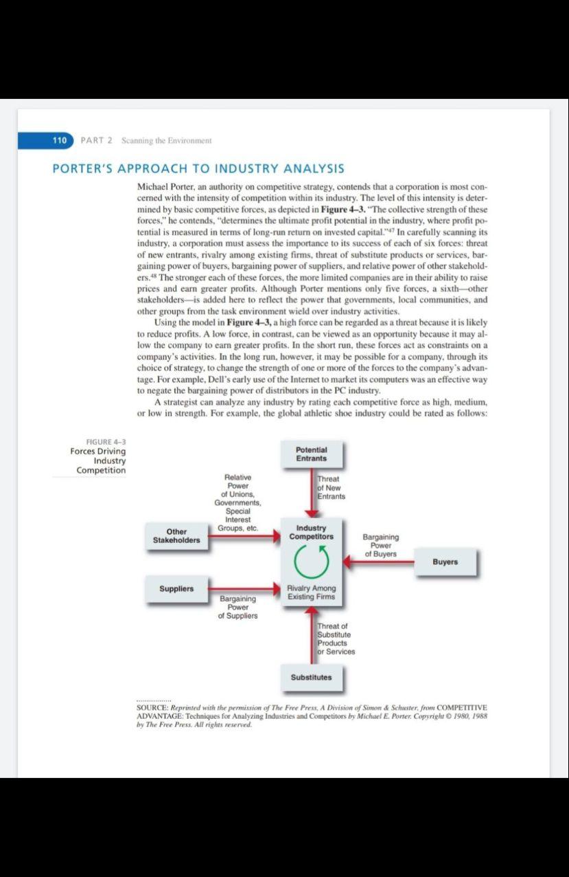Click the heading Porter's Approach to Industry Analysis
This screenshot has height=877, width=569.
click(x=198, y=168)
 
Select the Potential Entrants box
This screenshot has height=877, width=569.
click(x=312, y=454)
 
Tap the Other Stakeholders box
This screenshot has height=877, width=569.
click(x=176, y=536)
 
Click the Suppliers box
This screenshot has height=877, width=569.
click(x=176, y=589)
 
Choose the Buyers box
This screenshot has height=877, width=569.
click(x=445, y=562)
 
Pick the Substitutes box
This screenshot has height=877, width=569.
click(x=311, y=677)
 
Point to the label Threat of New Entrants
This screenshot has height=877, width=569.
click(x=331, y=487)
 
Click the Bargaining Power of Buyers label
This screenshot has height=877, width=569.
click(x=380, y=545)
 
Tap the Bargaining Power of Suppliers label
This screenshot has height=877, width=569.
click(x=237, y=607)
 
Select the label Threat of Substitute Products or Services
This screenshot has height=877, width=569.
click(x=336, y=639)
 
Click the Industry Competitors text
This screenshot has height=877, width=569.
click(x=311, y=532)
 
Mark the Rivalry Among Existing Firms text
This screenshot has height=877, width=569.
click(x=311, y=592)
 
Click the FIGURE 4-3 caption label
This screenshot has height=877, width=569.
click(x=106, y=441)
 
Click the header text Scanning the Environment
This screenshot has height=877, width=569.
click(x=166, y=140)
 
